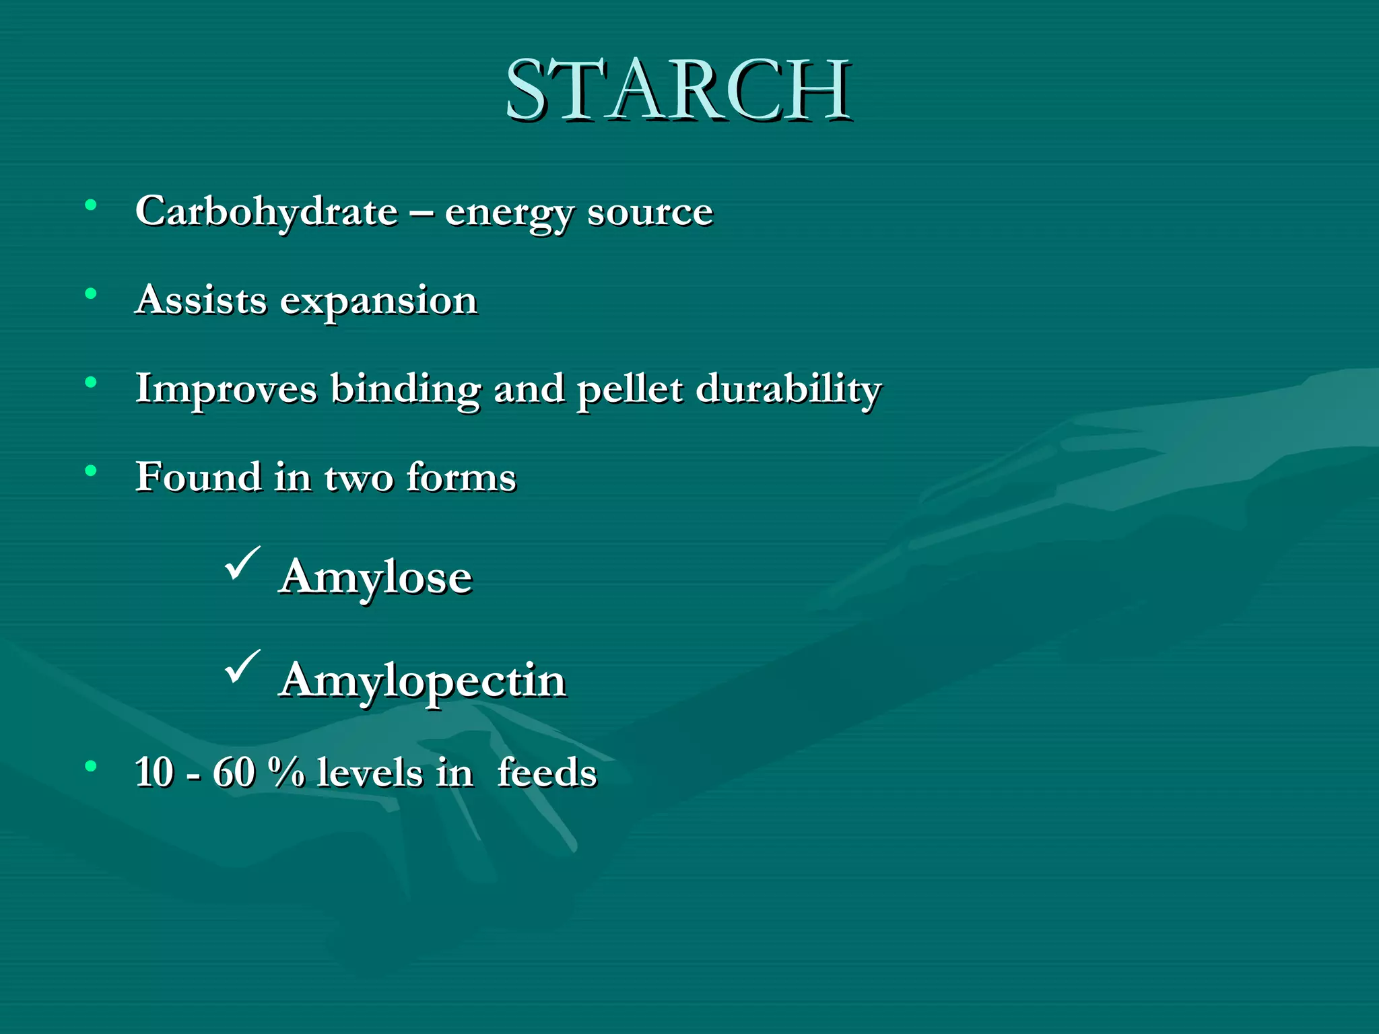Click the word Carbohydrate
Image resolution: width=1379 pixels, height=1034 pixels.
[267, 211]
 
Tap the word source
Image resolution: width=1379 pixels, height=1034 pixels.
[650, 213]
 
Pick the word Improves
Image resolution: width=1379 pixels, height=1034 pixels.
[226, 390]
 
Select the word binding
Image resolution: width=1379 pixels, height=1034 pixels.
[405, 390]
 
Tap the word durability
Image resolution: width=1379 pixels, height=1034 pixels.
[788, 390]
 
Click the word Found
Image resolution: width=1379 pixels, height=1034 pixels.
[199, 477]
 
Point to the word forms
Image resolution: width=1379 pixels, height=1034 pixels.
[461, 477]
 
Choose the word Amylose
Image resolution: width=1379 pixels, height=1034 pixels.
[376, 578]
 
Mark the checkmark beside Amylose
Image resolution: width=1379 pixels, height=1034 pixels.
[242, 563]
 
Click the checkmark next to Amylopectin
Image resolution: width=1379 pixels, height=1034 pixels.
[242, 666]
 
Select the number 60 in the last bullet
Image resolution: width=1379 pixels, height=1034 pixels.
[234, 772]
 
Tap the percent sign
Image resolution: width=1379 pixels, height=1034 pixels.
[285, 772]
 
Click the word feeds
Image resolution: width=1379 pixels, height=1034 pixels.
[547, 772]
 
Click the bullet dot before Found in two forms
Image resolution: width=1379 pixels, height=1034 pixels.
[91, 471]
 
